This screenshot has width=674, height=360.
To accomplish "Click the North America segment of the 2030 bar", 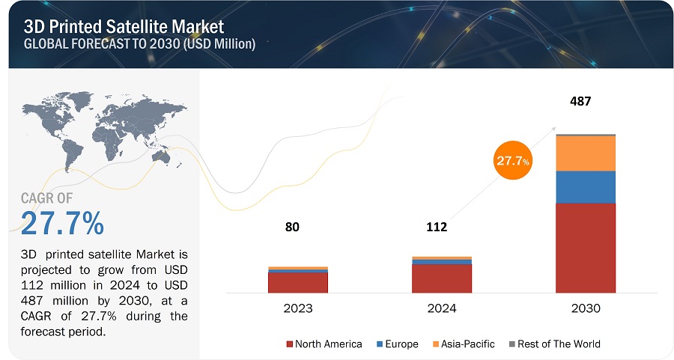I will (x=585, y=247).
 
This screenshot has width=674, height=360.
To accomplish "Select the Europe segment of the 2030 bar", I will (x=585, y=187).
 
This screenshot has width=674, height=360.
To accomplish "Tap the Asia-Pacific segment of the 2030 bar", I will (x=585, y=153).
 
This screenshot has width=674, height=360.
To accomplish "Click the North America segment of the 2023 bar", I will (x=297, y=282).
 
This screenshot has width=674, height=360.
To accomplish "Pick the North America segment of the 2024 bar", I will (x=441, y=278).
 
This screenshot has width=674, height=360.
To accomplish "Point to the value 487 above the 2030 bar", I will (x=580, y=100).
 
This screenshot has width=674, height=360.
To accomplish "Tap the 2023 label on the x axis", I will (x=298, y=308).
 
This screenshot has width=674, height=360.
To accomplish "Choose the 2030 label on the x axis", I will (x=585, y=308).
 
